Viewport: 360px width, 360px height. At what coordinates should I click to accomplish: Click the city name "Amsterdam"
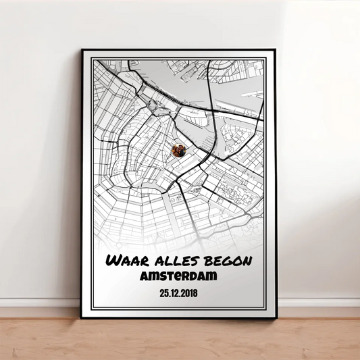click(179, 276)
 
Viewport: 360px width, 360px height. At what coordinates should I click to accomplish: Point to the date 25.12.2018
click(179, 292)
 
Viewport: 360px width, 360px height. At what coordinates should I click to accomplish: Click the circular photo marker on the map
click(179, 151)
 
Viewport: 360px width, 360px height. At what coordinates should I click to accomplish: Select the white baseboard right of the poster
click(317, 303)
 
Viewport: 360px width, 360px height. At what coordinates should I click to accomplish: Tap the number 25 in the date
click(163, 292)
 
